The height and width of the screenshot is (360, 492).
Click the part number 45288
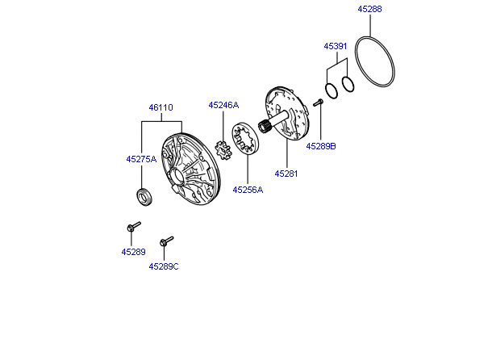pos(369,10)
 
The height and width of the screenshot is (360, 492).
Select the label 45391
pos(336,47)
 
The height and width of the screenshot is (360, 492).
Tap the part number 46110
pos(160,107)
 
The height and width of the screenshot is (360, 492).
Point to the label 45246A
pos(223,105)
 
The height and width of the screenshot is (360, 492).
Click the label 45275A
pos(141,160)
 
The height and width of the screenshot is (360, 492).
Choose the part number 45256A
pos(248,190)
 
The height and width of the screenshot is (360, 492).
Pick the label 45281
pos(286,173)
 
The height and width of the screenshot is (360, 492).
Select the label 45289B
pos(320,146)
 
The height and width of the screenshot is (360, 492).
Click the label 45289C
pos(164,266)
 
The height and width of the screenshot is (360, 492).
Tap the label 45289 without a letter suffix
pos(134,252)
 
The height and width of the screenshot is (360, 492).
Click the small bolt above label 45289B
pos(317,103)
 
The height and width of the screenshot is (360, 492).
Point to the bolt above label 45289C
pos(167,241)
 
